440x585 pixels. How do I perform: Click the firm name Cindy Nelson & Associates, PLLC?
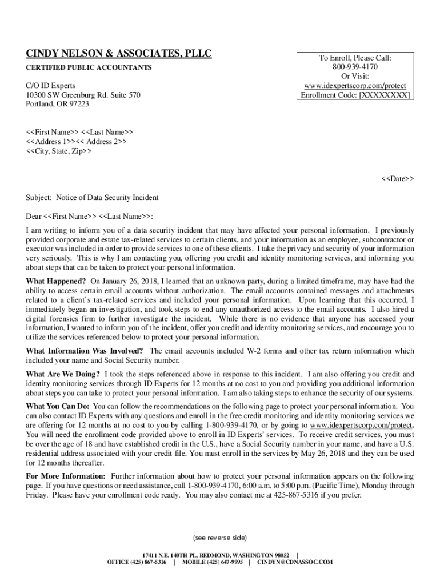[119, 54]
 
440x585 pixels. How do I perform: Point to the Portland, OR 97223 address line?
[57, 104]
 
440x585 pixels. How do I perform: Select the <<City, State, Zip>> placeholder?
[59, 151]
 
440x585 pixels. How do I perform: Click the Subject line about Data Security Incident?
[92, 198]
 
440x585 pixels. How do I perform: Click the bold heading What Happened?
[56, 281]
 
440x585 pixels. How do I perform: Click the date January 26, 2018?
[131, 281]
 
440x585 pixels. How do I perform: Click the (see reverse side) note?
[220, 538]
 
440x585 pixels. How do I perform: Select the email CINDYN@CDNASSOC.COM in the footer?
[294, 562]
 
